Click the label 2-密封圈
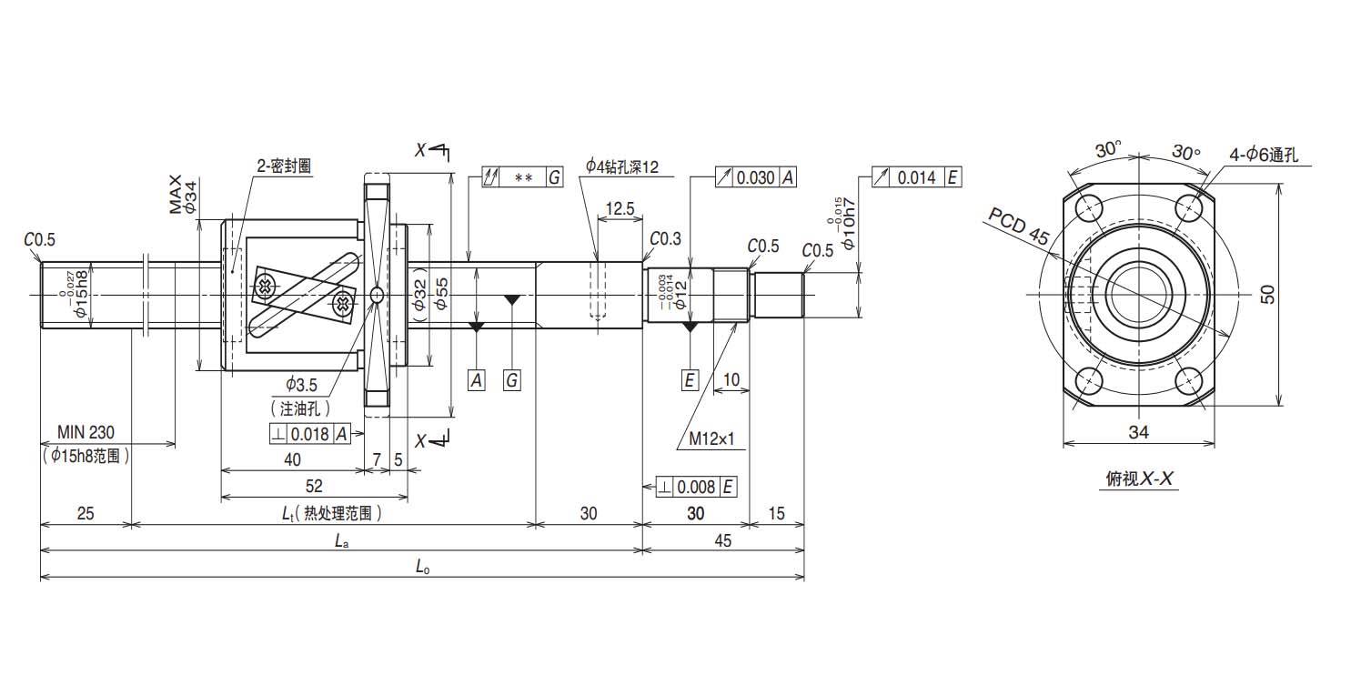284,166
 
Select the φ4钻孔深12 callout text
621,166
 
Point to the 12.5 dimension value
619,208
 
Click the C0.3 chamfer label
665,238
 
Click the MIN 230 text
86,432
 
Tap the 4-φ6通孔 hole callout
1265,155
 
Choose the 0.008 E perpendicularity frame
695,487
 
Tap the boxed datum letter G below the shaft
512,380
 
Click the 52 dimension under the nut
313,486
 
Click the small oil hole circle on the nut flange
377,295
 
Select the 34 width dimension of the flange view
1138,433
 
